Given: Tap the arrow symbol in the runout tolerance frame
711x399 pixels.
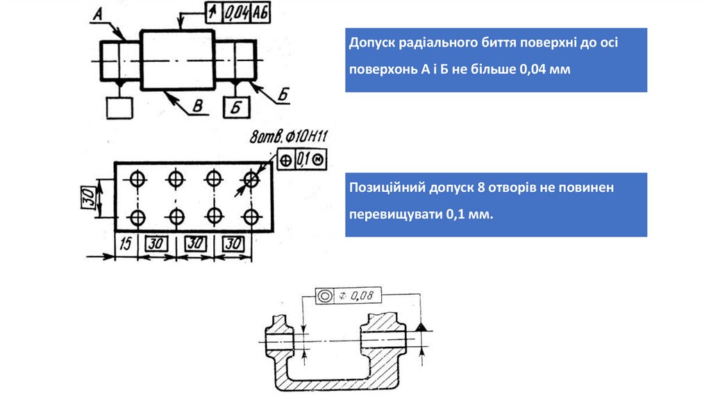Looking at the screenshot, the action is click(213, 13).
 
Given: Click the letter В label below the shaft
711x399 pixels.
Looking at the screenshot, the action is click(196, 105).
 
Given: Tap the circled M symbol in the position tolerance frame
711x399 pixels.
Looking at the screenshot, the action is click(318, 159).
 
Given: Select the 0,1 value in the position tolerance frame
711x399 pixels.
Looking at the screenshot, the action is click(302, 159).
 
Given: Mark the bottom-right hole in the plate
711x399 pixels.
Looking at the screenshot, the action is click(251, 218).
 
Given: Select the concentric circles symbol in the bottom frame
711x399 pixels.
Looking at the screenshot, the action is click(325, 296).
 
